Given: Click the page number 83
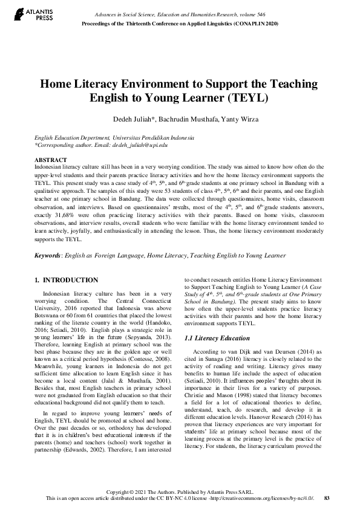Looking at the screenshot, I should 327,498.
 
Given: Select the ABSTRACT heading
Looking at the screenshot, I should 50,159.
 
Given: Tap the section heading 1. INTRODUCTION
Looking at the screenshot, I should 67,280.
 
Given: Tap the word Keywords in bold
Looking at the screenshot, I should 47,256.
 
